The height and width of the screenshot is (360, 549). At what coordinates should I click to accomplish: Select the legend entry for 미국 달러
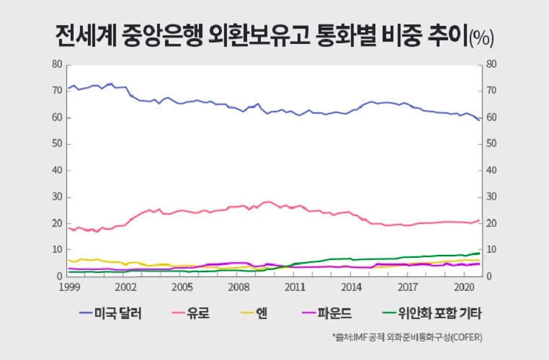tap(111, 313)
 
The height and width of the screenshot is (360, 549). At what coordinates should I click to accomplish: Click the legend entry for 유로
tap(195, 313)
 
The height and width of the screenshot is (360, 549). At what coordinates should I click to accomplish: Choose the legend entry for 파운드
tap(323, 313)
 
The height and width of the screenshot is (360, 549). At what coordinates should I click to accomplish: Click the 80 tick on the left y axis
tap(58, 64)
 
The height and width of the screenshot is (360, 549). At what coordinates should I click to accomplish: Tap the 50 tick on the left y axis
tap(58, 144)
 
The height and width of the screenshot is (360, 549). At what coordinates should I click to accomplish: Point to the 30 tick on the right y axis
tap(492, 197)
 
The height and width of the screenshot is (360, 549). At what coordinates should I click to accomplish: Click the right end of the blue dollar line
tap(480, 120)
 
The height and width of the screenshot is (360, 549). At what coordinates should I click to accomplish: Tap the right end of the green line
tap(480, 253)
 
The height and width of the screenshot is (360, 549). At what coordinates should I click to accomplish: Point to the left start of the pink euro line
tap(68, 228)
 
